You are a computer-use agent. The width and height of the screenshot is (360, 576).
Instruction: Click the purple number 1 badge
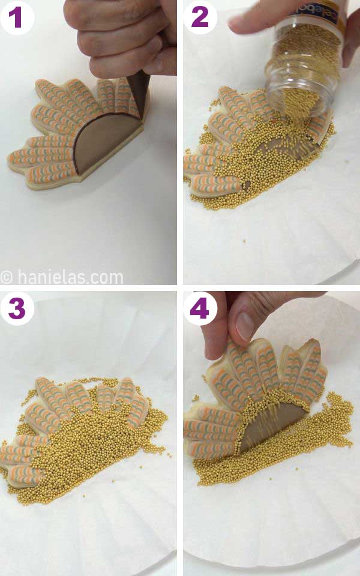[16, 17]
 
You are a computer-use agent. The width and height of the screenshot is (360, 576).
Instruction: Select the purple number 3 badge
[16, 309]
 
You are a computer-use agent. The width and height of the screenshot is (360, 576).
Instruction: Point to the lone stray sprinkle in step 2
[245, 241]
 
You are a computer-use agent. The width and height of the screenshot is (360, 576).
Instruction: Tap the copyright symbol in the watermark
[7, 277]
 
